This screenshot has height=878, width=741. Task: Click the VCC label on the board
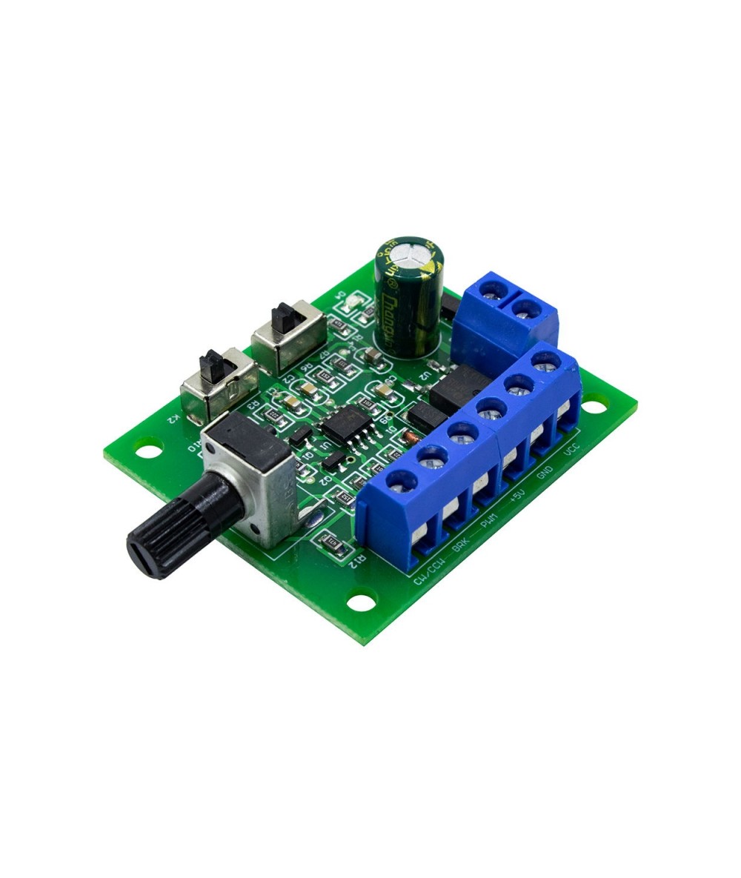[571, 450]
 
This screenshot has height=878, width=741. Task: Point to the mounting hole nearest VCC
[594, 405]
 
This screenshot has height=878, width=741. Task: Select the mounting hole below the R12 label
[362, 599]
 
